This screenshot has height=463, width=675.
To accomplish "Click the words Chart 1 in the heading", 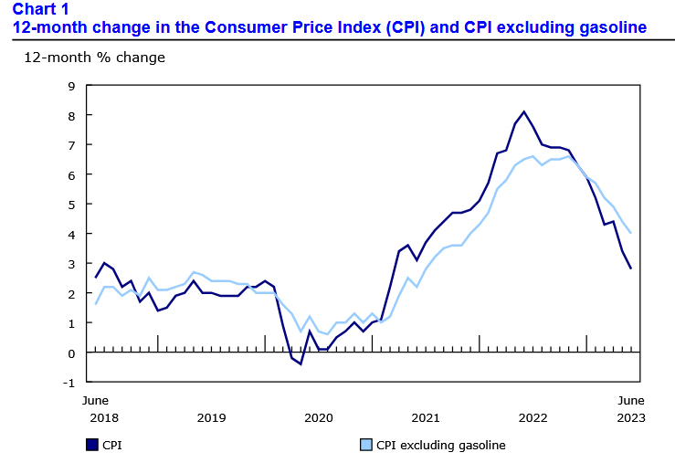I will point(40,9).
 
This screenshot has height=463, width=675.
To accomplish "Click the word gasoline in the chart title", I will point(613,27).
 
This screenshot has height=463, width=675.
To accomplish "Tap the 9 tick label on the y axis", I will point(71,86).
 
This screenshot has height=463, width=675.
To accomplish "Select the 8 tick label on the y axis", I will point(71,116).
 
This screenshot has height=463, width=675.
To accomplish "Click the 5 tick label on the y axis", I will point(71,205).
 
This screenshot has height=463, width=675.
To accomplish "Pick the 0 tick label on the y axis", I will point(71,353).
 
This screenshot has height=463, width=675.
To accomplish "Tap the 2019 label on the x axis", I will point(211,417).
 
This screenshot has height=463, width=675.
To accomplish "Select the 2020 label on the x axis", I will point(318,417).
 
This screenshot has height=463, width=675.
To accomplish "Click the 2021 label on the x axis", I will point(425,417).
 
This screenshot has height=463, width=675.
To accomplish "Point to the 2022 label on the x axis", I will point(532,417).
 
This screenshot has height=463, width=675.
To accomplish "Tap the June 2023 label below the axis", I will point(630,409).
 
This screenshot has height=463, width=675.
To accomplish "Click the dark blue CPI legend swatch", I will point(92,445).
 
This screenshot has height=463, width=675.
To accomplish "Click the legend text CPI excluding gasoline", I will point(440,446).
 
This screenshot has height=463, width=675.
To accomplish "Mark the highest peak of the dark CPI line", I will point(524,112).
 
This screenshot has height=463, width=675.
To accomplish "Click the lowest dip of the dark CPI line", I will point(301,363).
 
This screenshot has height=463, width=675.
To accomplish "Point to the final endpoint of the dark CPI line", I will point(631,268).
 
